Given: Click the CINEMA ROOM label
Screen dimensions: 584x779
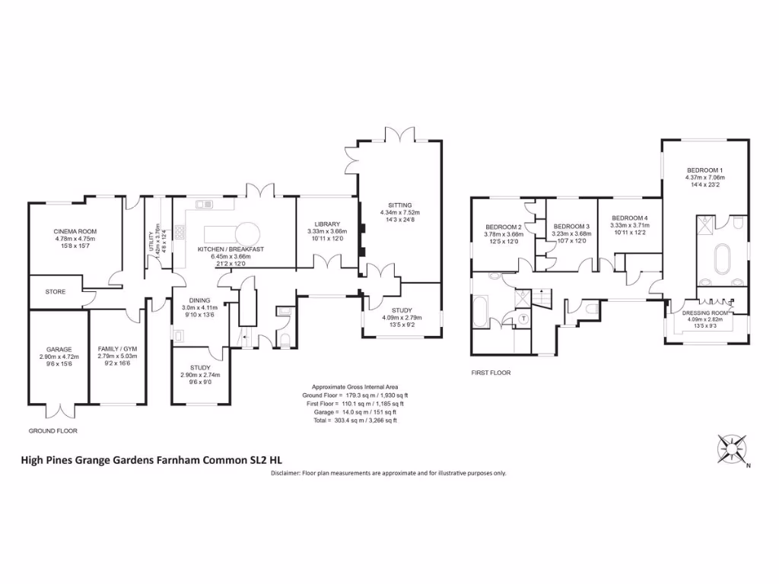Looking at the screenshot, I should coord(75,231).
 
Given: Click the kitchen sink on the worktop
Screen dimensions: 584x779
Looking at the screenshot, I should coord(204,204).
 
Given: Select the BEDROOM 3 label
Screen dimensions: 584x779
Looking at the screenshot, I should coord(571,227).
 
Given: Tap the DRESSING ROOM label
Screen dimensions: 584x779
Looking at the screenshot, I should coord(705,313).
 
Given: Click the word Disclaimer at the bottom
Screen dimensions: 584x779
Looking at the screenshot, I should coord(286,473).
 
